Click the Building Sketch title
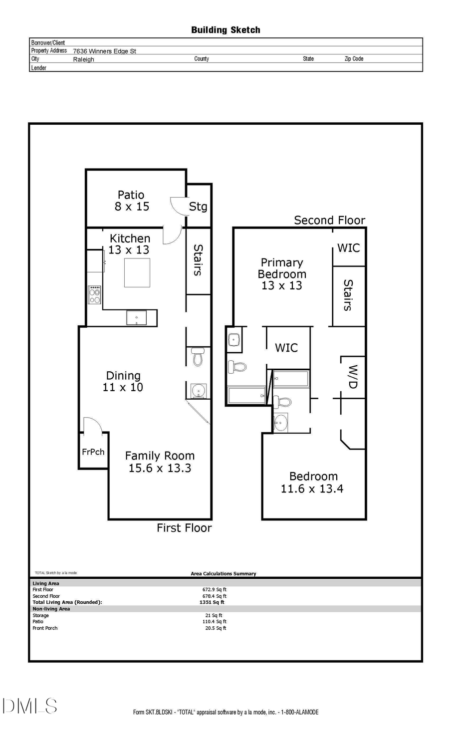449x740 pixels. pos(225,30)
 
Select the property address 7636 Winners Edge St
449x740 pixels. pos(104,51)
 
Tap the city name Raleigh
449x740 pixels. pos(83,59)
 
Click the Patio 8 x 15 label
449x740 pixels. pos(131,201)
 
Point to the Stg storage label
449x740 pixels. pos(198,206)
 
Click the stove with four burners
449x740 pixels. pos(94,295)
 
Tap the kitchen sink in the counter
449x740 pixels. pos(136,318)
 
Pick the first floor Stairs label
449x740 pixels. pos(198,260)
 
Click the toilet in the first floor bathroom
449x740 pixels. pos(198,356)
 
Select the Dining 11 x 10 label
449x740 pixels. pos(123,381)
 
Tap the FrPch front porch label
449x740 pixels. pos(93,452)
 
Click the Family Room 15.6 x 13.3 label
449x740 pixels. pos(160,462)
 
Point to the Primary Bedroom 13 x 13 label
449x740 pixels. pos(282,274)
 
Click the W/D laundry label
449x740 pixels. pos(353,377)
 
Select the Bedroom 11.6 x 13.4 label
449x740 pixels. pos(312,483)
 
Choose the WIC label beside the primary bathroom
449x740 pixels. pos(286,347)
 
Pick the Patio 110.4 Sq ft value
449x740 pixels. pos(215,622)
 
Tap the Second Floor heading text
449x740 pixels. pos(329,220)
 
